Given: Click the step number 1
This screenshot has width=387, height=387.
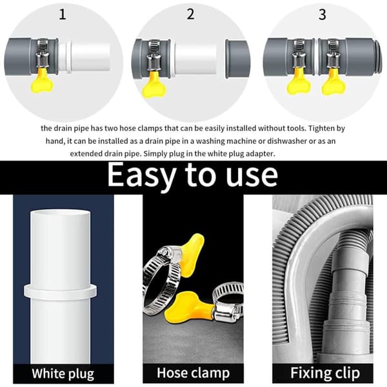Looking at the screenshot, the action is (63, 14).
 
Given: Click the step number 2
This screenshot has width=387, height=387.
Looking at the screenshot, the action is (190, 14).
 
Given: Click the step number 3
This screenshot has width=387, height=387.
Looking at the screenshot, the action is (322, 15).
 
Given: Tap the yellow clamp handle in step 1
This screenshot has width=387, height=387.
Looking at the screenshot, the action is (42, 81).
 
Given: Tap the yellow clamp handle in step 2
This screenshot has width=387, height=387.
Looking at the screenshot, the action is (154, 84).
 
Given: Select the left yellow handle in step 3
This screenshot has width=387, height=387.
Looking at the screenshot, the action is (299, 82).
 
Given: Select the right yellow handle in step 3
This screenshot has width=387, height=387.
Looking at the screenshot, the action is (333, 83).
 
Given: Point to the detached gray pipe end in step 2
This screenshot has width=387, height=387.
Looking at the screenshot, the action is (237, 59).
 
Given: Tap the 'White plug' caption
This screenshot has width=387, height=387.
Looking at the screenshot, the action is (63, 373).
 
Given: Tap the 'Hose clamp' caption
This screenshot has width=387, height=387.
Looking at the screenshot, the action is (193, 373).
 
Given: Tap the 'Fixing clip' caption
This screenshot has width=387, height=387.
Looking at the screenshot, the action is (325, 373).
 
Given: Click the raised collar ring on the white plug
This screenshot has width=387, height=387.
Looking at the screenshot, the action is (61, 291).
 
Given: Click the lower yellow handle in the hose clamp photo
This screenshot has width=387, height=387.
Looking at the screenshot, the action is (189, 307).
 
